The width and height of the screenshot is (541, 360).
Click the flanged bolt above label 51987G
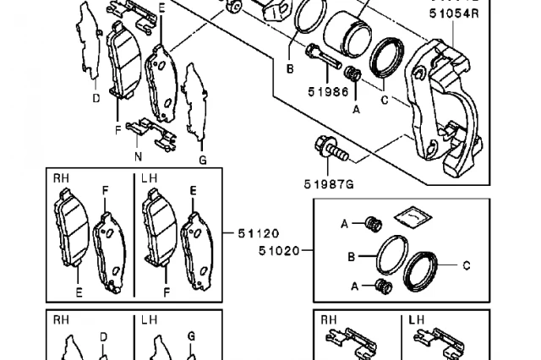[332, 149]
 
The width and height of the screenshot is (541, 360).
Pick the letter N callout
[138, 157]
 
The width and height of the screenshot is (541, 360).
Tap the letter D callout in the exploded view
[96, 98]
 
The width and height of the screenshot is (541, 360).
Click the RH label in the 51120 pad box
[62, 179]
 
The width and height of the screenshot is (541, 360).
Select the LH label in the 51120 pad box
[149, 179]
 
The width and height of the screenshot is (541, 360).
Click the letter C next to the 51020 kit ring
[466, 265]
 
